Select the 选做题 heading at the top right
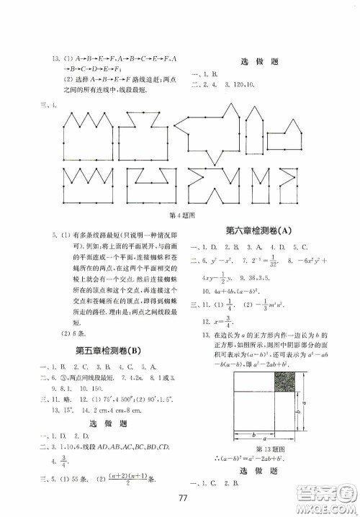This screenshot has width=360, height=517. [x=263, y=62]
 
